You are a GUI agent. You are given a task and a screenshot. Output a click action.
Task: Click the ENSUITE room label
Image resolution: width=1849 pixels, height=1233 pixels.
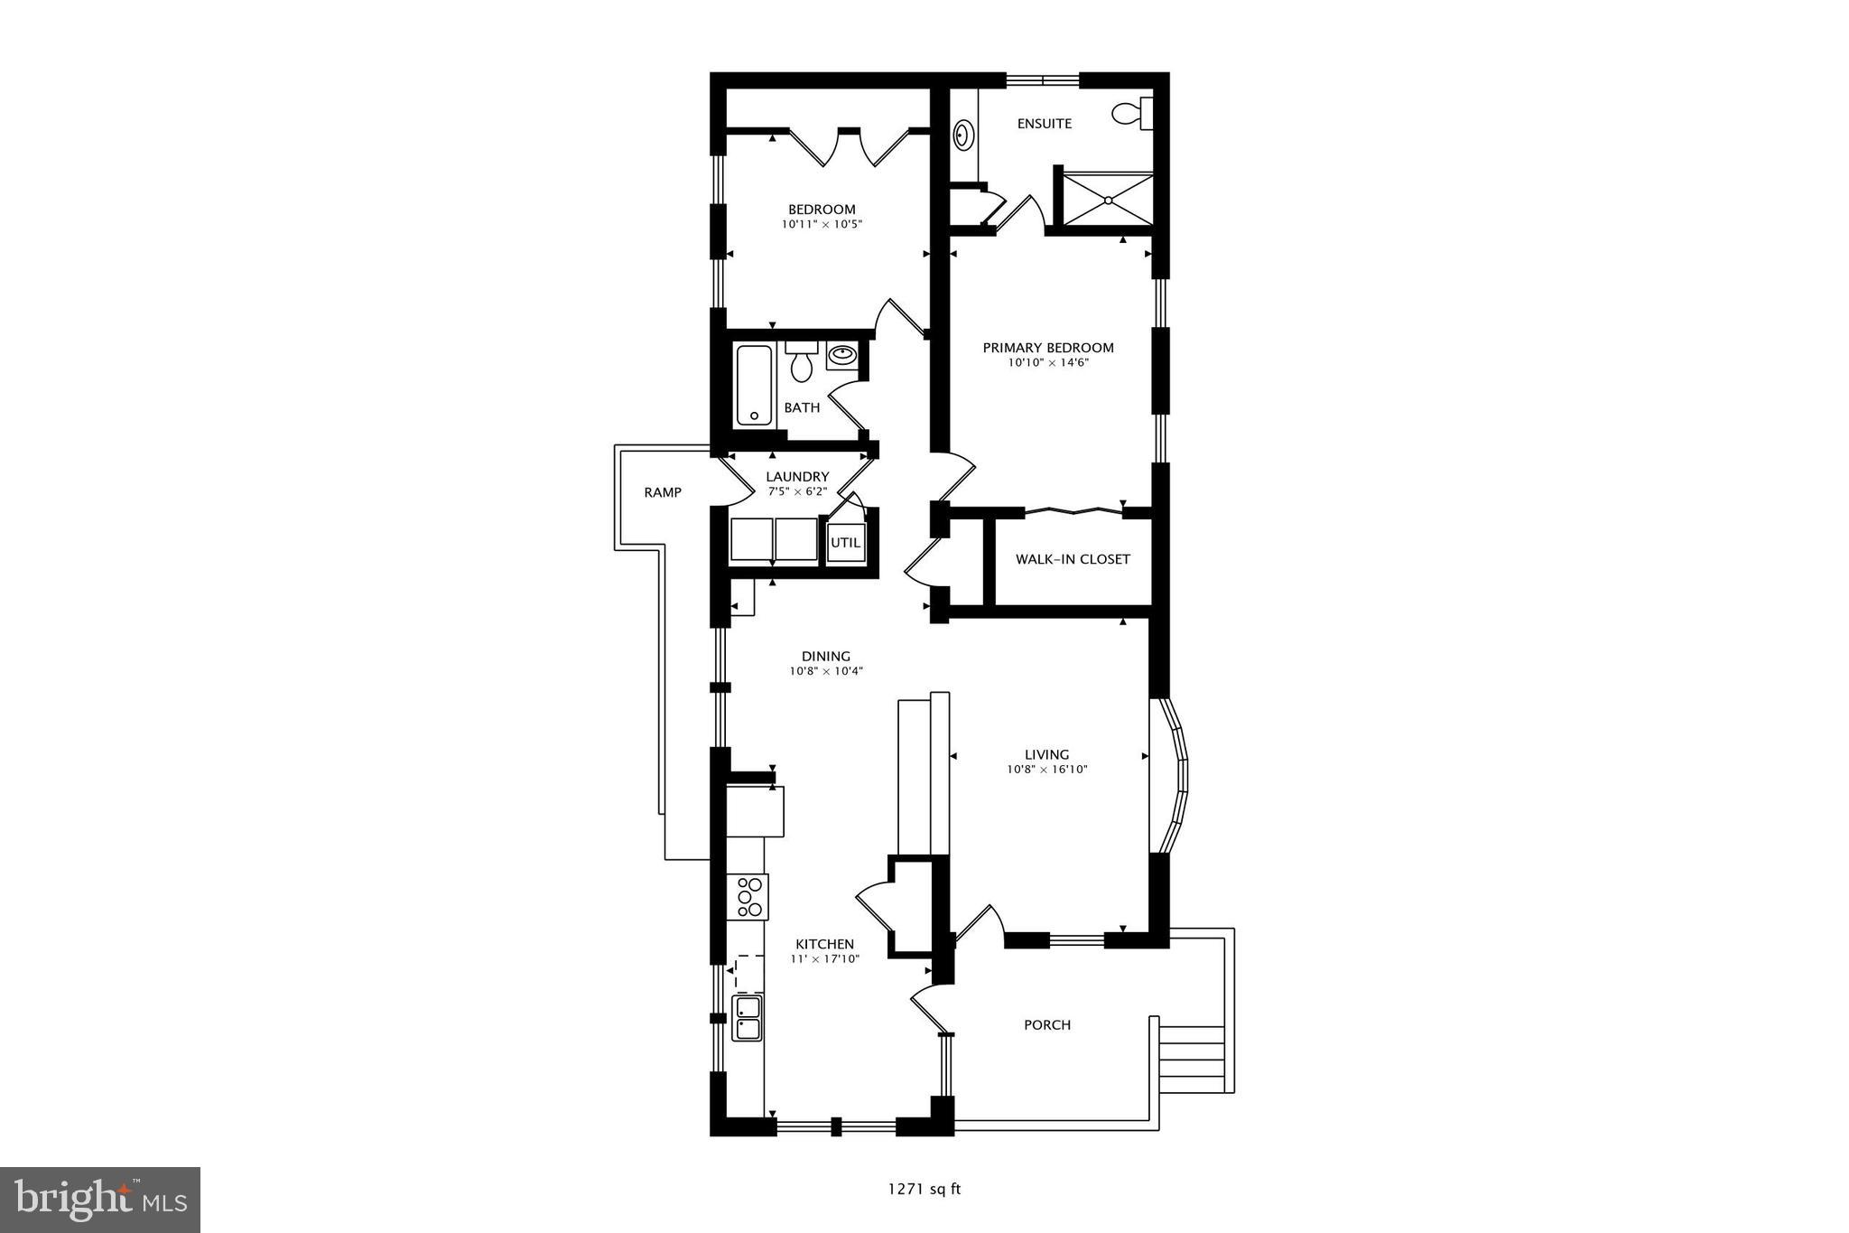pos(1045,124)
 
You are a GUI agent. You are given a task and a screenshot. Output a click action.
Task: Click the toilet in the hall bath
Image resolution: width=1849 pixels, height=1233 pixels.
pos(801,362)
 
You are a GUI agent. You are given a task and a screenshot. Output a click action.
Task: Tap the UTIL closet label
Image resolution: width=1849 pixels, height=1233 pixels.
pos(846,544)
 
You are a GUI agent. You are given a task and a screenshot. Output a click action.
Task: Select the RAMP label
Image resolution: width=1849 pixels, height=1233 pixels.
pos(663,492)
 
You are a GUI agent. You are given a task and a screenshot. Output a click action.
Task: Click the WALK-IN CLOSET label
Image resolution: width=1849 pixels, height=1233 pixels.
pos(1073,559)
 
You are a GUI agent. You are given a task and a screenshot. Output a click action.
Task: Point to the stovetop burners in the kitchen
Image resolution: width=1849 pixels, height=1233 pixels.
pos(748,896)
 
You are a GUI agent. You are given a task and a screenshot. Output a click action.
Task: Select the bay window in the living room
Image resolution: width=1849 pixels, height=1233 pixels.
pos(1173,774)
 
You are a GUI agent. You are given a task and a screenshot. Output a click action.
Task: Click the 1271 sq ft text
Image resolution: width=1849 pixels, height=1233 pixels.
pos(924,1189)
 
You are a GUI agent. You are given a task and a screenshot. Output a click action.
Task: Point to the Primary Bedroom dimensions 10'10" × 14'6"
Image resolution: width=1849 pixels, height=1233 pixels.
pos(1048,363)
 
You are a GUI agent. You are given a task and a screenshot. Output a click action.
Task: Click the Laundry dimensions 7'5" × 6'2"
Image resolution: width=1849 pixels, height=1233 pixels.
pos(797,492)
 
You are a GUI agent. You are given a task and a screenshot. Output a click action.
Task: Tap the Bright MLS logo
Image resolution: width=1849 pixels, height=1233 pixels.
pos(100,1200)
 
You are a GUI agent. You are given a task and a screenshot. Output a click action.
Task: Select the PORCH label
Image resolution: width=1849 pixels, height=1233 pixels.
pos(1047,1025)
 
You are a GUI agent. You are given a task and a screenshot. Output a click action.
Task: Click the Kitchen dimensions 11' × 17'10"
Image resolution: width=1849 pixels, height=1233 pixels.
pos(824,959)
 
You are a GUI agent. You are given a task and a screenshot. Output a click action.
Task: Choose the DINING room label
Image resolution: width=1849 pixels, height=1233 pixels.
pos(826,657)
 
